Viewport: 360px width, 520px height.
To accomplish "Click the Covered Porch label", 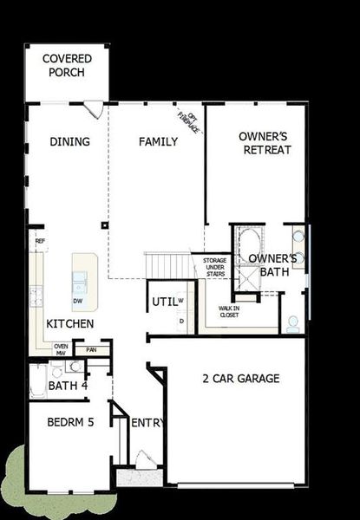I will (x=67, y=66).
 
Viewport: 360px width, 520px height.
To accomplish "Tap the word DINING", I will (x=69, y=141).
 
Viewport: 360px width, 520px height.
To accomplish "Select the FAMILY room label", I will (x=159, y=141).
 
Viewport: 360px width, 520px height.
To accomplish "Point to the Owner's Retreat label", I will (x=265, y=142).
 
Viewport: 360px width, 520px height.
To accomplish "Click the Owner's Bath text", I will (x=272, y=264).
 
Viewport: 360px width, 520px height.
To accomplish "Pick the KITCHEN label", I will (x=70, y=323).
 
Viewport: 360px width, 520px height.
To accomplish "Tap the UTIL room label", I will (x=164, y=302).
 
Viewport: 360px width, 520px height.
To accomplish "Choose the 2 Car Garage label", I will (x=241, y=378).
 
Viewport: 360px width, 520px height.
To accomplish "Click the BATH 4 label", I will (x=68, y=386).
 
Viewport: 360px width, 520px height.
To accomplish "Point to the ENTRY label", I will (x=147, y=423).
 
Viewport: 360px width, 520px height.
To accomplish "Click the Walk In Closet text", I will (x=229, y=310).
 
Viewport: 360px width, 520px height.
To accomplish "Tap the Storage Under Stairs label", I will (x=215, y=267).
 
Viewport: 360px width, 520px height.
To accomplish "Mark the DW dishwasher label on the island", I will (x=78, y=301).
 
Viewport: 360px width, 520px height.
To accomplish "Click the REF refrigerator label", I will (x=40, y=242).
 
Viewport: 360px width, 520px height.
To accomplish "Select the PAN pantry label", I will (x=92, y=350).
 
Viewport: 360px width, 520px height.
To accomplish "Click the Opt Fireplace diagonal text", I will (x=188, y=121).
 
